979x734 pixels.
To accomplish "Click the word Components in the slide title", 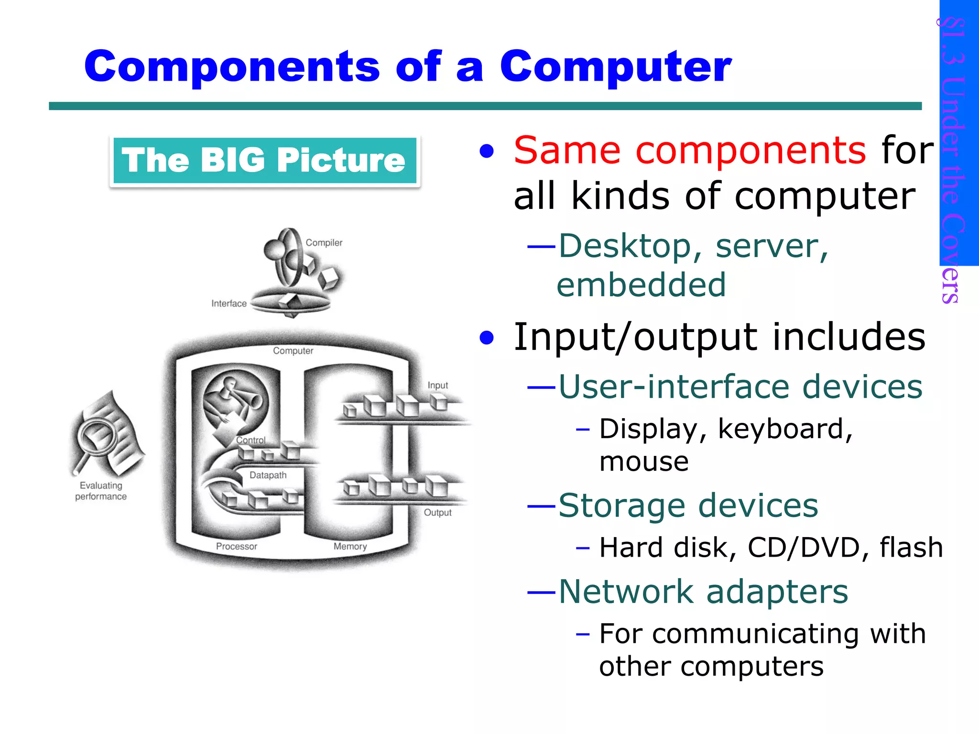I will (232, 67).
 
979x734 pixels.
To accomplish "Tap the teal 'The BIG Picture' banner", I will (264, 160).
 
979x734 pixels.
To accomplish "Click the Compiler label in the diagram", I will (324, 243).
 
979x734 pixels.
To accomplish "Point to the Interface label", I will (229, 303).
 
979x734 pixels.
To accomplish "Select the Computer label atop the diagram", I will (293, 351).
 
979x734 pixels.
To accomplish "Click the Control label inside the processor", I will (251, 440).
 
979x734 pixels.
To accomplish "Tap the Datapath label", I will (268, 475).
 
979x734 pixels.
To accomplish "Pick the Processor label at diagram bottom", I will (236, 546).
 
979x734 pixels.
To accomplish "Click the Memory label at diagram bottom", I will (350, 546).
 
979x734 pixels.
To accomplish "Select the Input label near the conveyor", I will (437, 385).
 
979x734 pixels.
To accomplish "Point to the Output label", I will (437, 513).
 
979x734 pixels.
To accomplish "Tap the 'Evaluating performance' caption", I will (101, 491).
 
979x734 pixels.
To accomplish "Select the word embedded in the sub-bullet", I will (641, 285).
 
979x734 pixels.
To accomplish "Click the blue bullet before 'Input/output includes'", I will (487, 338).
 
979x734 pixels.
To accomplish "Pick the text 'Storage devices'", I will (688, 506).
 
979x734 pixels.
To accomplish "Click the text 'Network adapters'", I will (703, 592).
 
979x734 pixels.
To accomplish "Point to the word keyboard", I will (784, 429).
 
